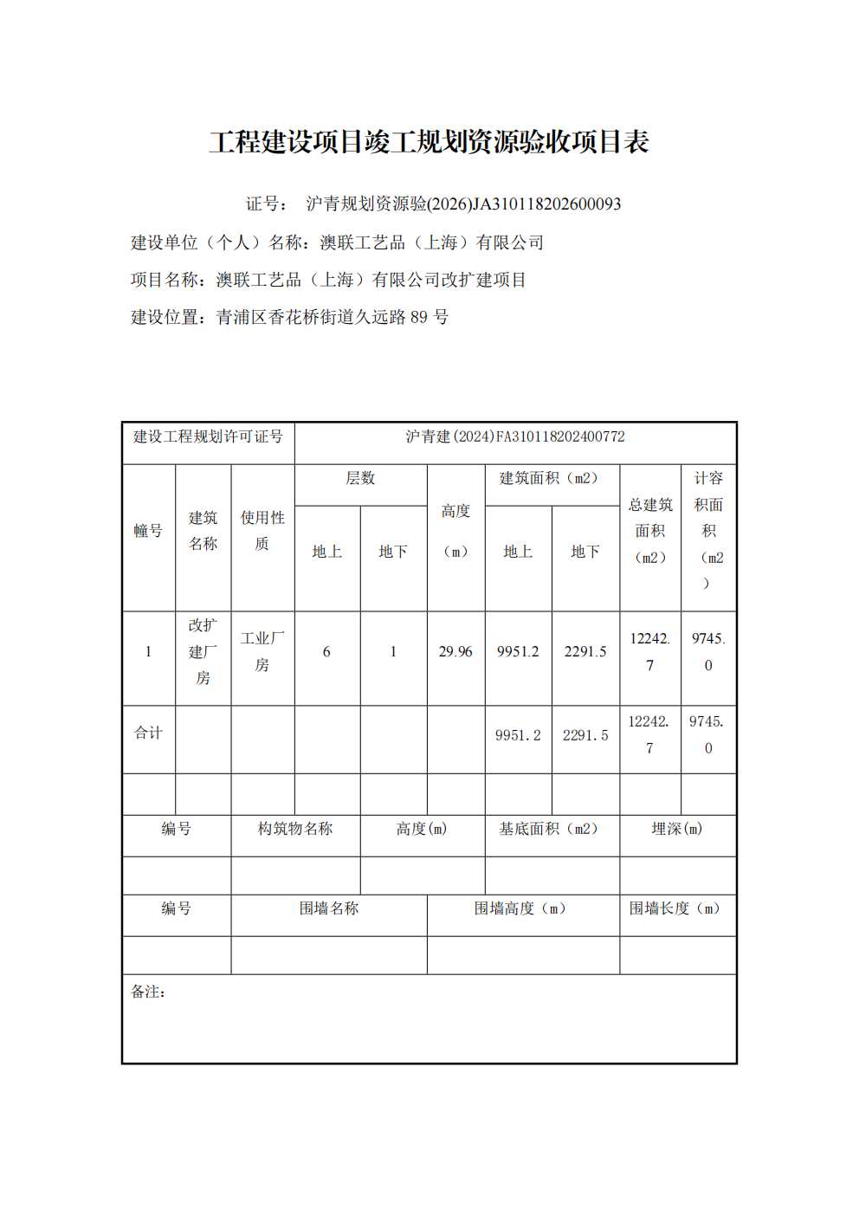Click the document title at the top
click(x=429, y=142)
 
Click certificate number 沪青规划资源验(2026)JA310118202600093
click(x=463, y=204)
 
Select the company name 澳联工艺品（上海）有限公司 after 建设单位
click(x=431, y=242)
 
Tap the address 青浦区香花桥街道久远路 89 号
click(x=332, y=317)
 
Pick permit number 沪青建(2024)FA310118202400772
click(x=515, y=436)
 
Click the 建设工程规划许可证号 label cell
click(x=208, y=436)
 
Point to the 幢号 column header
click(x=148, y=531)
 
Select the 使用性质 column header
click(x=262, y=530)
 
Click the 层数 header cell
click(x=360, y=478)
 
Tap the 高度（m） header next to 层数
click(x=455, y=531)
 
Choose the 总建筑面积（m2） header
click(x=650, y=531)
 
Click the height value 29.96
click(x=455, y=651)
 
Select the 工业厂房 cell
click(x=262, y=651)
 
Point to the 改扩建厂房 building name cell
click(x=203, y=651)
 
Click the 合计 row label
click(x=148, y=733)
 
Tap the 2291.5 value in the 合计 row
click(x=585, y=735)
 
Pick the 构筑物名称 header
click(x=295, y=829)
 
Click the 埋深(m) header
click(x=677, y=829)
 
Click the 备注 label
click(x=148, y=992)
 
